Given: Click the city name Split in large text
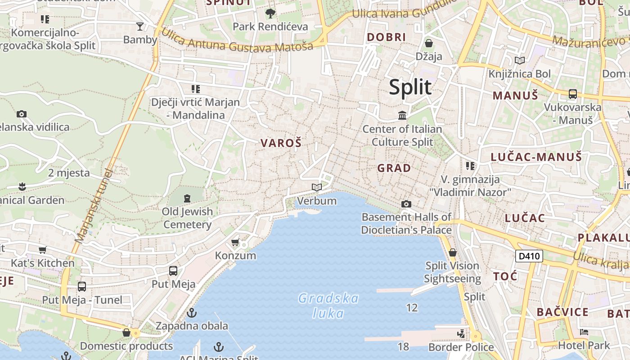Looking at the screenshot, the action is pos(410,87).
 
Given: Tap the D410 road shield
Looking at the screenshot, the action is pos(529,256).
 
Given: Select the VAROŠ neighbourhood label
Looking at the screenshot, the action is pos(281,143).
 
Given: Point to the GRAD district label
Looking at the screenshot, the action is pos(394,168).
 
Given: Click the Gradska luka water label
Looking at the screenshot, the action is pos(328,306).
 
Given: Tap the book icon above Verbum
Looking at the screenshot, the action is pos(317,187).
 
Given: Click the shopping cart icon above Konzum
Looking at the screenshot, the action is pos(235,243).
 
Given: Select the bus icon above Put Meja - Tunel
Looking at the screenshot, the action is pos(82,287).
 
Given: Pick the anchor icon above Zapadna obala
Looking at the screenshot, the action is pos(192,312).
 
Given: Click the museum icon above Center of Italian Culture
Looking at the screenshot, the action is pos(402,116).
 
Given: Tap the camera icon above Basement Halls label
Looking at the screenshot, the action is pos(406,204).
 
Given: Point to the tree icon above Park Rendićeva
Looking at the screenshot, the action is pos(270,13).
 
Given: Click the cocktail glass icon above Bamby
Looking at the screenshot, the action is pos(140,27).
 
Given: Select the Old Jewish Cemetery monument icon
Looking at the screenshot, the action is pos(187,198).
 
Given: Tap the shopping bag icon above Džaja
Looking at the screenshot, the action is pos(429,43).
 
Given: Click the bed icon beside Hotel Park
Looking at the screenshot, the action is pos(584,333).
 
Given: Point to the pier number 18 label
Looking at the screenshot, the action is pos(403,346).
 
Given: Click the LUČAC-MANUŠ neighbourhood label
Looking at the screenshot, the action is pos(536,157).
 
